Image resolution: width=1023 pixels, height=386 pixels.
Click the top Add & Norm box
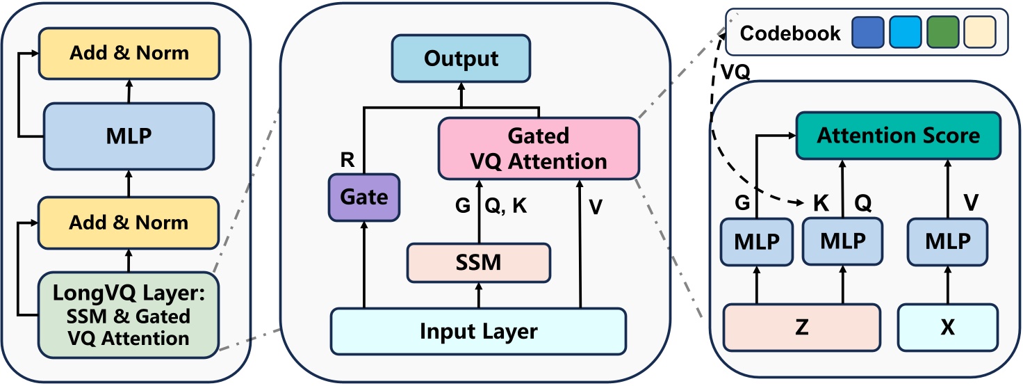[129, 53]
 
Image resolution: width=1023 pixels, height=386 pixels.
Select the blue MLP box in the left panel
[129, 136]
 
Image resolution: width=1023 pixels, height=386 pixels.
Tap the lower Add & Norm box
[129, 223]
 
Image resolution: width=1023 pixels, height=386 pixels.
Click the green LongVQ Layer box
[129, 315]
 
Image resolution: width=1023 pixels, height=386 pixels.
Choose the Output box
[461, 58]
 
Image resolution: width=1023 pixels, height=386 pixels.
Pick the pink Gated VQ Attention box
[539, 147]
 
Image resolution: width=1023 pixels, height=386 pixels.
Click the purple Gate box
[363, 198]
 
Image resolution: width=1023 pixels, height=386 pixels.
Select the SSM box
[478, 263]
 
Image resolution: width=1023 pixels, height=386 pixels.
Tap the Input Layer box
[478, 330]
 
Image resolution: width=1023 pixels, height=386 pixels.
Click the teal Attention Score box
[898, 135]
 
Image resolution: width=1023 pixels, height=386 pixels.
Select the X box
[947, 327]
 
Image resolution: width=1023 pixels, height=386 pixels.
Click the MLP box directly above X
[947, 241]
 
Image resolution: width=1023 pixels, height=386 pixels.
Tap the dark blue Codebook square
[867, 32]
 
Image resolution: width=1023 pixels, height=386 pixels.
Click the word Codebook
[790, 33]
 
